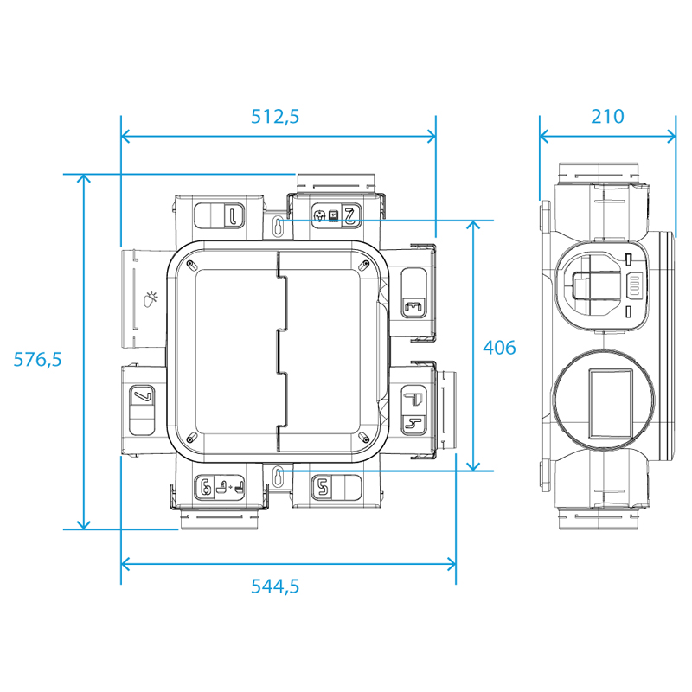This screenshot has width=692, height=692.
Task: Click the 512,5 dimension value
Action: [275, 117]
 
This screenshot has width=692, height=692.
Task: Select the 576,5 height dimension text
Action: [37, 359]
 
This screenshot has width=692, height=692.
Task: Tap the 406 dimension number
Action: [499, 348]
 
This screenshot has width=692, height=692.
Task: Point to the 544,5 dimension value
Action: [275, 586]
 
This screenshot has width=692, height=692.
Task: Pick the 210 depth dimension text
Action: [607, 117]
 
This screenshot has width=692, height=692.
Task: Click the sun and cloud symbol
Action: [151, 298]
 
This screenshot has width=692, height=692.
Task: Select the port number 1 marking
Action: [233, 215]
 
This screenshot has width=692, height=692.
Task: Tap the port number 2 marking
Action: [350, 215]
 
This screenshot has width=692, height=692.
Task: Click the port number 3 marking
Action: [413, 307]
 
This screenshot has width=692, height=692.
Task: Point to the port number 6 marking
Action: [205, 488]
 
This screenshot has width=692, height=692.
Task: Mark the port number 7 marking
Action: [142, 395]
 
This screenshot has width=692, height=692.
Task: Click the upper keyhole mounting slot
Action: [278, 226]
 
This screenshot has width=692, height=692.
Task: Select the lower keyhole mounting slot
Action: [278, 476]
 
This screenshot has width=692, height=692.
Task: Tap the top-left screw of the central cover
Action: [189, 264]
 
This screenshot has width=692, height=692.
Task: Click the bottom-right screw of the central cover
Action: [364, 438]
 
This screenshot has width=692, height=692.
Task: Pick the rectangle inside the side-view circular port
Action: [611, 404]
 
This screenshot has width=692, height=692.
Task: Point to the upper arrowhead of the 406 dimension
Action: [473, 225]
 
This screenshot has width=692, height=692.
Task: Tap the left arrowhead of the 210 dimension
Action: [544, 136]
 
